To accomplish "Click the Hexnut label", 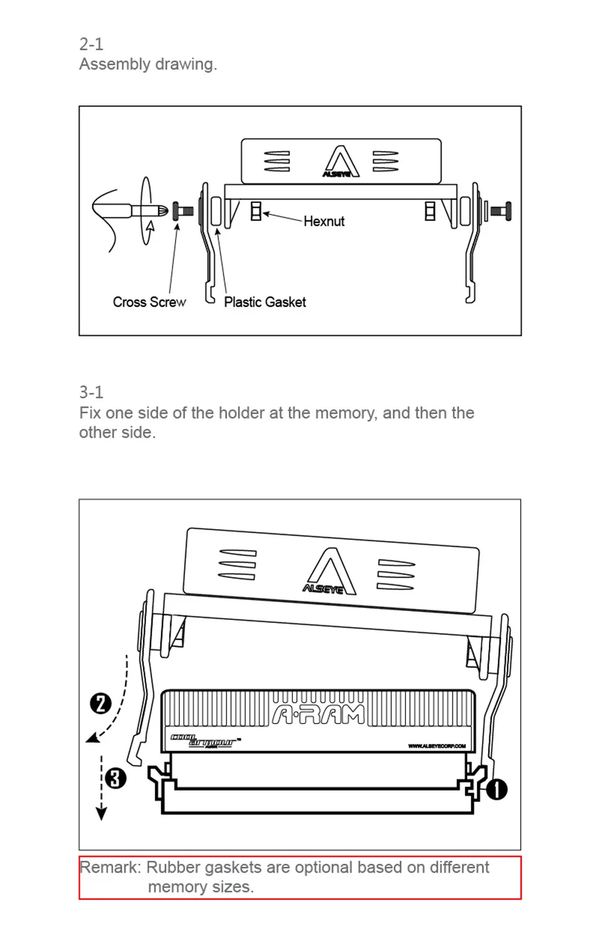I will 323,222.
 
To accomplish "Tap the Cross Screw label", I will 149,302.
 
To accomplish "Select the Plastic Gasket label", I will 265,302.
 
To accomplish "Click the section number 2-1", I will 91,44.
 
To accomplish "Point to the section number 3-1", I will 91,392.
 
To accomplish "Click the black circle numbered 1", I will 497,789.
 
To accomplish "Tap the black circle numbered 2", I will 101,703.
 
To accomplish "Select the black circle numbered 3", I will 116,779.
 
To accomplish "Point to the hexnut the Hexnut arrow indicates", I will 256,211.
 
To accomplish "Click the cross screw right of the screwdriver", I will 183,211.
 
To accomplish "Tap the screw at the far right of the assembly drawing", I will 501,211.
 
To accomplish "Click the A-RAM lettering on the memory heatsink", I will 318,715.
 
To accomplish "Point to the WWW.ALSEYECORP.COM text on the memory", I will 437,746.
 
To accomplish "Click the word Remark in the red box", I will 111,867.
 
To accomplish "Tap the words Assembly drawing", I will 148,64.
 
